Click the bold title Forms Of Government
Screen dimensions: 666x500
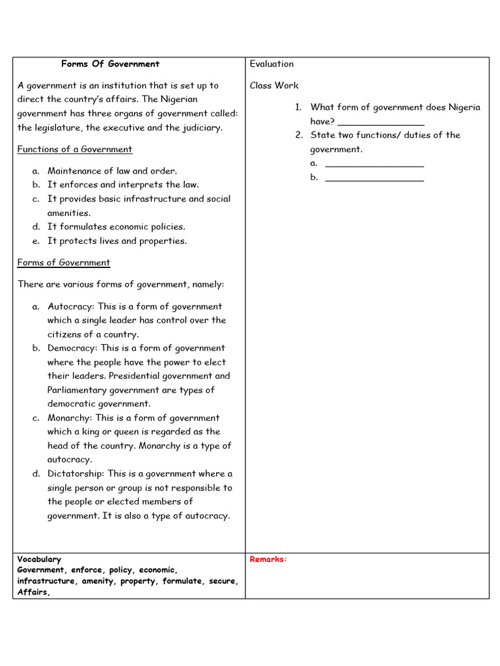click(x=110, y=64)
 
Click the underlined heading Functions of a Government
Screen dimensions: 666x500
click(x=74, y=150)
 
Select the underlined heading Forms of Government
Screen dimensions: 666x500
click(x=64, y=263)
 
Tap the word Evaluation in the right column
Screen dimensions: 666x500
click(x=271, y=64)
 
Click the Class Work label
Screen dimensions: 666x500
click(x=274, y=85)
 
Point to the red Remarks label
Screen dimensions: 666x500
click(x=268, y=559)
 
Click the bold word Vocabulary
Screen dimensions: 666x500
click(x=39, y=559)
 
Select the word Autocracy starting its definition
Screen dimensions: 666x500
click(x=70, y=306)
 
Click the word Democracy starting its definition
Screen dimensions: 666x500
click(x=72, y=348)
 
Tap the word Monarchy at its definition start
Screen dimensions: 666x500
click(x=69, y=418)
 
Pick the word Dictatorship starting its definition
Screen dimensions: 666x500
click(x=75, y=474)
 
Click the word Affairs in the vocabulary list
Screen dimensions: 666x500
click(x=33, y=592)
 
